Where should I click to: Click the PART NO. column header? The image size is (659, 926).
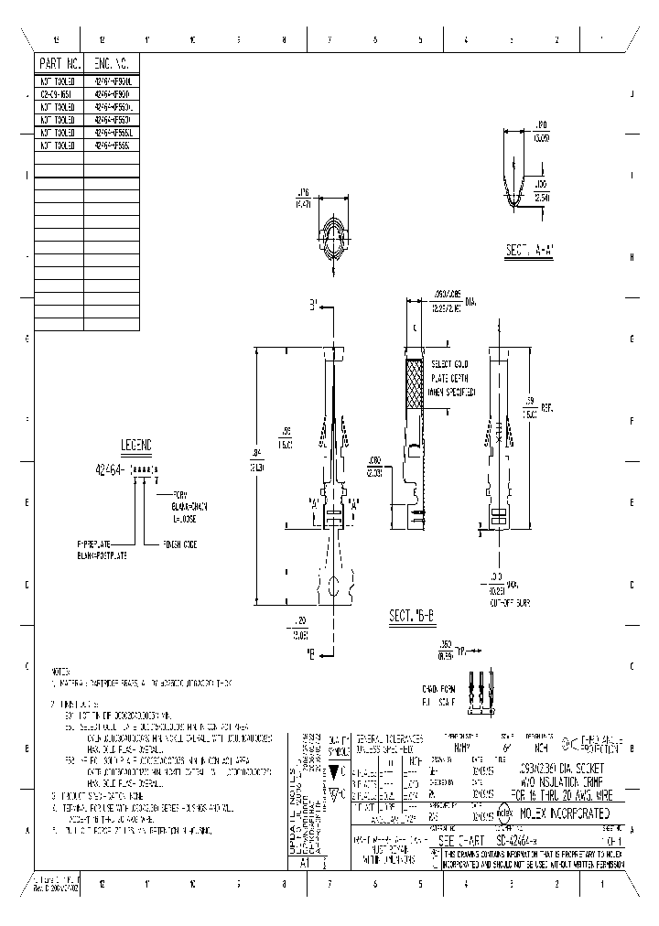(59, 63)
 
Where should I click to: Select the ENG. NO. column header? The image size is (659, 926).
(112, 63)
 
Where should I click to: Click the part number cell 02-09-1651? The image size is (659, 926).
(59, 93)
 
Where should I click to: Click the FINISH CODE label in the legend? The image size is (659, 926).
(183, 542)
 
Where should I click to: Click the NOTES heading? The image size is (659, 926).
(61, 670)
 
